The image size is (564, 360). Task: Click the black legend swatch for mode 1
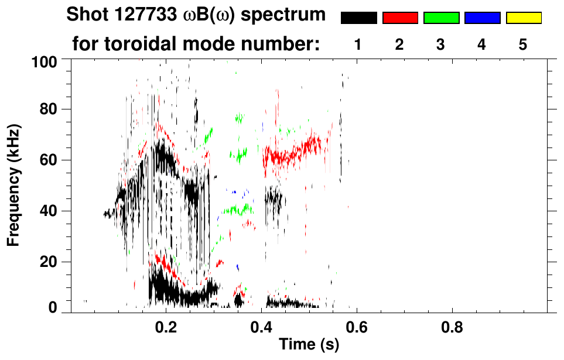tap(359, 18)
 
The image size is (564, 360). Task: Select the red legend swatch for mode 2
tap(400, 18)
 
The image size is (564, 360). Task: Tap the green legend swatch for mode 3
tap(441, 18)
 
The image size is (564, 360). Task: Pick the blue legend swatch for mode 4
tap(482, 18)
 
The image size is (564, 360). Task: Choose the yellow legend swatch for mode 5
tap(524, 18)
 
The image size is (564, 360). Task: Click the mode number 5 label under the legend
tap(523, 45)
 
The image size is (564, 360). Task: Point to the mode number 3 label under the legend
tap(441, 45)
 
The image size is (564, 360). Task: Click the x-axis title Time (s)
tap(308, 345)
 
